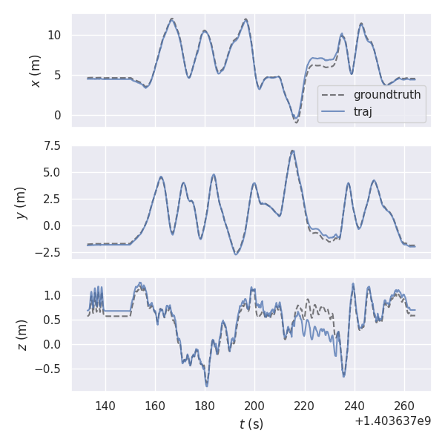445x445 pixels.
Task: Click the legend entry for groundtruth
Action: (x=386, y=95)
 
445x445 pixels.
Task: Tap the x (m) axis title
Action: (x=35, y=70)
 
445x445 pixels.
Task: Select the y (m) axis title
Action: (x=22, y=202)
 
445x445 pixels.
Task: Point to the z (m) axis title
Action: (x=22, y=335)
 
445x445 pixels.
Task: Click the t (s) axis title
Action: (x=251, y=424)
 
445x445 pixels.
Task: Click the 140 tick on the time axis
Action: (x=105, y=406)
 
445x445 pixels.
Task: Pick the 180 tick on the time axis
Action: (x=205, y=406)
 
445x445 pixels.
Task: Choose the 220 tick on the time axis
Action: (x=305, y=406)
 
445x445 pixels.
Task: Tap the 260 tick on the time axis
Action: (x=404, y=406)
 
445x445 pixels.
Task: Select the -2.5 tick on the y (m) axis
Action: (x=50, y=252)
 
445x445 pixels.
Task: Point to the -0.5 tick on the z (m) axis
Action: (x=50, y=369)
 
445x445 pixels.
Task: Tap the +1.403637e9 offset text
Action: (x=394, y=421)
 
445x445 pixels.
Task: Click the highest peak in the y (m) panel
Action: (x=293, y=151)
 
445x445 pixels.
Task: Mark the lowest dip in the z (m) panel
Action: (x=207, y=386)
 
